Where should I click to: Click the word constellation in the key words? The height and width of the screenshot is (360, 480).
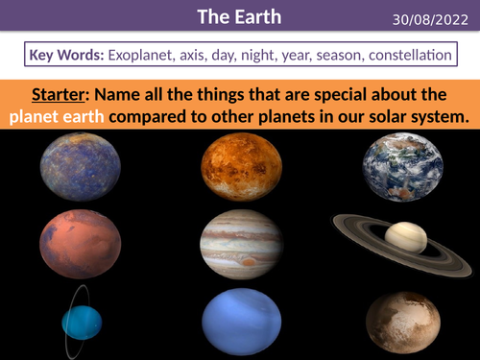click(403, 56)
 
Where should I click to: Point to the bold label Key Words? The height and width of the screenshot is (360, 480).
click(67, 56)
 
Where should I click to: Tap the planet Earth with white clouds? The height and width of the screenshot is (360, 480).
click(402, 167)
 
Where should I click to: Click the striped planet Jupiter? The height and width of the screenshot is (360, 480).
click(241, 244)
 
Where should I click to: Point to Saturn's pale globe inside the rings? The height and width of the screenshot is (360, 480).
click(407, 236)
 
